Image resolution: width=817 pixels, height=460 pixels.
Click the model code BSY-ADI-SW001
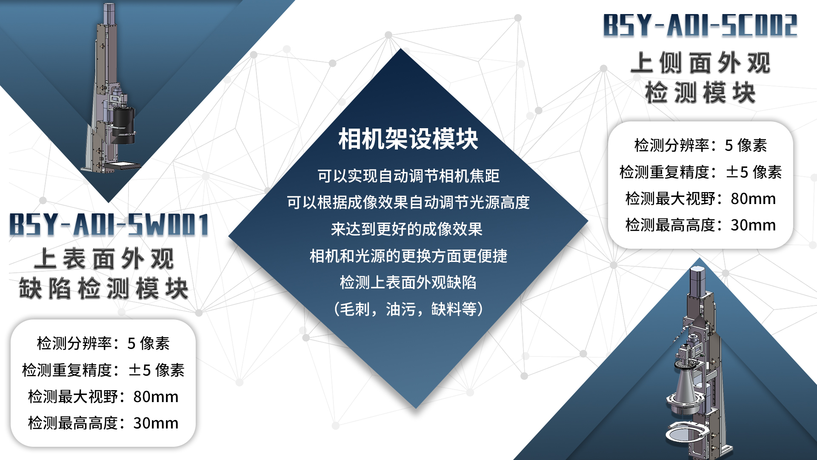click(109, 224)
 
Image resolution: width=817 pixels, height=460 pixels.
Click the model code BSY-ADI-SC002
click(700, 25)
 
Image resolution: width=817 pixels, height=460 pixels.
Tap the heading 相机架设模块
click(408, 139)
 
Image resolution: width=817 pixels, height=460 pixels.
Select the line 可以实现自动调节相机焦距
click(408, 176)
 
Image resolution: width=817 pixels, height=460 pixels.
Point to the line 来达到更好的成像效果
click(407, 229)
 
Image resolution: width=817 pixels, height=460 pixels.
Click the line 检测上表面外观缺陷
click(408, 282)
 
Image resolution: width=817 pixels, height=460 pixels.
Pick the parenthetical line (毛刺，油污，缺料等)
click(408, 309)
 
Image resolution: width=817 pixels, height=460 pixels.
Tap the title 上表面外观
click(104, 259)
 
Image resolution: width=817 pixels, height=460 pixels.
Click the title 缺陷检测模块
click(103, 288)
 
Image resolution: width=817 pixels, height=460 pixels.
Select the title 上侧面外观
click(700, 63)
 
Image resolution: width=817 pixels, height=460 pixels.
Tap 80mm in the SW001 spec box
click(156, 397)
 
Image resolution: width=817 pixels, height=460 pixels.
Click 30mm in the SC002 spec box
click(753, 225)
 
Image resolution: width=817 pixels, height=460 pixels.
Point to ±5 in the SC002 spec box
click(737, 172)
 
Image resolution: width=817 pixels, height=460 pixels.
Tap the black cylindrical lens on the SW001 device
click(123, 124)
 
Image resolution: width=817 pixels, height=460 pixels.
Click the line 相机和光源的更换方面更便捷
click(408, 256)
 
